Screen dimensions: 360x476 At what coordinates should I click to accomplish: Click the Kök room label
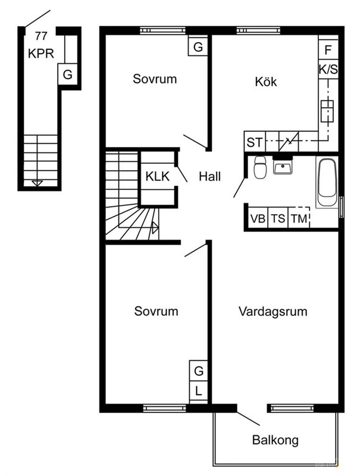tap(266, 82)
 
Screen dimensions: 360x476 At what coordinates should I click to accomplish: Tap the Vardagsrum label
tap(273, 312)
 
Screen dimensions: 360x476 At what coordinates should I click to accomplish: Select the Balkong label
tap(276, 440)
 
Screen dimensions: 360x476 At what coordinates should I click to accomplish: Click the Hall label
tap(209, 176)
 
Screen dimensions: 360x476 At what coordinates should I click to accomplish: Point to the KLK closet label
tap(157, 176)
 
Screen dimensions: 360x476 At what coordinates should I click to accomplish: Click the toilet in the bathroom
tap(260, 167)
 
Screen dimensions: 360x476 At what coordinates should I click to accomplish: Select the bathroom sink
tap(283, 167)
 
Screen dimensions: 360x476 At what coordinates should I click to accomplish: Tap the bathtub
tap(327, 182)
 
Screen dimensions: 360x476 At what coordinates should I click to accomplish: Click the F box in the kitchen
tap(328, 49)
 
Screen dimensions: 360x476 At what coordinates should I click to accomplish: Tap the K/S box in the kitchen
tap(328, 69)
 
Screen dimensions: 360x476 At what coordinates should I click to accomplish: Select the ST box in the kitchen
tap(255, 142)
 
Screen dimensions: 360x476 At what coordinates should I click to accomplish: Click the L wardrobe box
tap(199, 391)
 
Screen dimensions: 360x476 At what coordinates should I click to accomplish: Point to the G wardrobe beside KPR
tap(67, 74)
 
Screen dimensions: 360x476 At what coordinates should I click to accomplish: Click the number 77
tap(41, 36)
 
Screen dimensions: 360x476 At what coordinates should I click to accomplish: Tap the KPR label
tap(41, 54)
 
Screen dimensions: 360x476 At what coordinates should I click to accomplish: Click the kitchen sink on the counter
tap(327, 111)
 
